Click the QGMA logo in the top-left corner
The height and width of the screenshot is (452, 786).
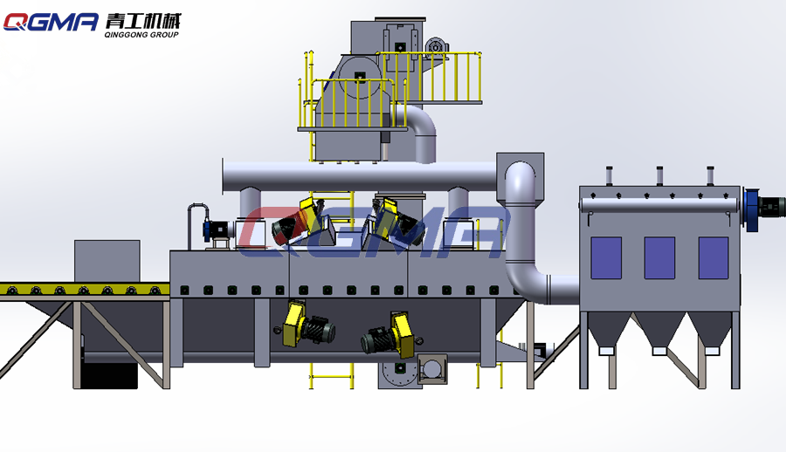(x=51, y=22)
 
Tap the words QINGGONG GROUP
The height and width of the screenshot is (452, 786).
(x=141, y=35)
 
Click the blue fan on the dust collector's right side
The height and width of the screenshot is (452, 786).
(x=752, y=209)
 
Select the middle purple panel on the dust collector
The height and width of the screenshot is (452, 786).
(x=659, y=258)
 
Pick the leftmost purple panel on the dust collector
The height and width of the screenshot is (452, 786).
(x=606, y=258)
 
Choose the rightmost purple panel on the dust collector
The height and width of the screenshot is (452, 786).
(x=714, y=258)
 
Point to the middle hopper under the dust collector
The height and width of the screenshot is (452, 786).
(x=659, y=331)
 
